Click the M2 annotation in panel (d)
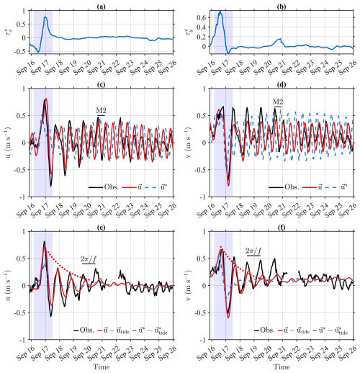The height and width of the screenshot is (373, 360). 276,102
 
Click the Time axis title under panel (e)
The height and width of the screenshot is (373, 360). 102,367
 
